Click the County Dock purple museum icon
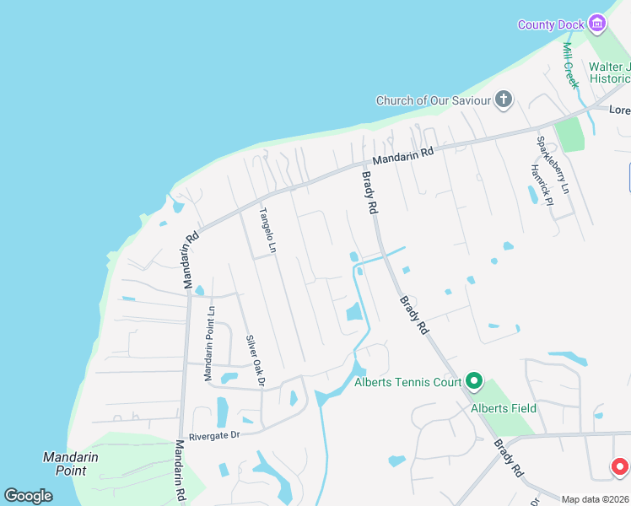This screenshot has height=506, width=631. coord(598,24)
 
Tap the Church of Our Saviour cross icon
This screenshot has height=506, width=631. coord(504,101)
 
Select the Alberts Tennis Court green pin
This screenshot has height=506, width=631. coord(474,383)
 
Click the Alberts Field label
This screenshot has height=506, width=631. coord(504,408)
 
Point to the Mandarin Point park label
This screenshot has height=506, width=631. coord(71,464)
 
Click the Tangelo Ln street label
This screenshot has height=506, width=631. coord(267,230)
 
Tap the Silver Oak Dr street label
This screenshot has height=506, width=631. coord(256,361)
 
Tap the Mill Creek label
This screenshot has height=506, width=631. coord(570,65)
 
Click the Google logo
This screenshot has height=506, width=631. coord(28,496)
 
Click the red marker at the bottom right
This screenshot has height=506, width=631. coord(620,466)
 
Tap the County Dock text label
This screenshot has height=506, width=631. coord(551,24)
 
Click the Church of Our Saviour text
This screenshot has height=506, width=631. coord(433,101)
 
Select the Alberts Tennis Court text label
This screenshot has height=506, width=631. coord(407,383)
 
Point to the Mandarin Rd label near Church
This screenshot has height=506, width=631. coord(403,157)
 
